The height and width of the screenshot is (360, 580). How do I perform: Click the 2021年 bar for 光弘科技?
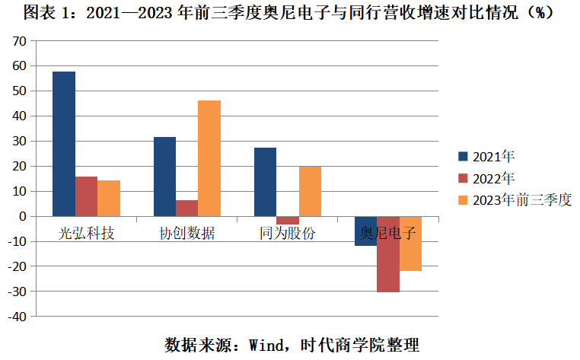click(64, 144)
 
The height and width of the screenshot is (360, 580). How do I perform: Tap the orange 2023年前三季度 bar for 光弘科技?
click(109, 198)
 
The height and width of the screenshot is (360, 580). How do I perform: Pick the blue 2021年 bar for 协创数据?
click(164, 177)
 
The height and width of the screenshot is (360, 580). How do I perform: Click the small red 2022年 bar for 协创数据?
click(187, 208)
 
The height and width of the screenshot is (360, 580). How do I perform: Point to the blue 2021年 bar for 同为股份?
click(265, 182)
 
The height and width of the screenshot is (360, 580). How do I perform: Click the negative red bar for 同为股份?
click(288, 220)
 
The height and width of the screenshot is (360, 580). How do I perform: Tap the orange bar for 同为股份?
click(310, 191)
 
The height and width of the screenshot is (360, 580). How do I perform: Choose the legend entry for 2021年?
click(487, 157)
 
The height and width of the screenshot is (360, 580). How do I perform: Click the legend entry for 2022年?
click(487, 178)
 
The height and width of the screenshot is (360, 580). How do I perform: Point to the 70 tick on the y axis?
click(18, 41)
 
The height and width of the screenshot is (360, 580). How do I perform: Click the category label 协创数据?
click(186, 233)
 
